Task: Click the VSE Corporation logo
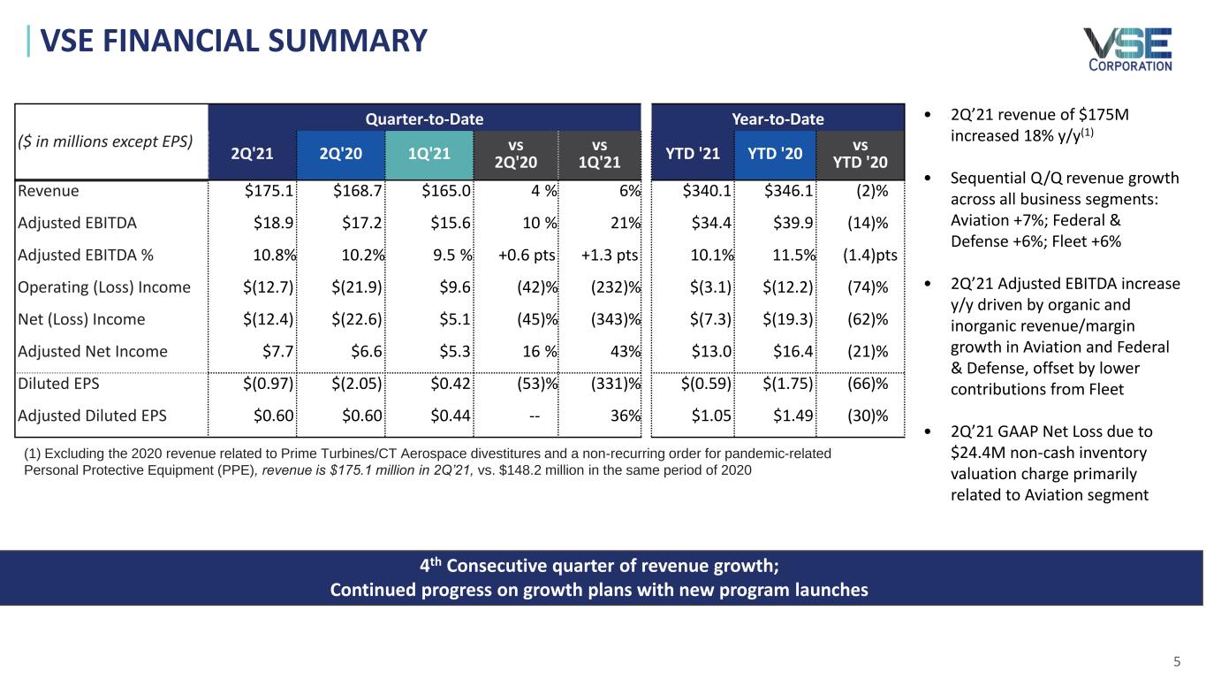[x=1128, y=49]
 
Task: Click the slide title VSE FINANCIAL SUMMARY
[x=234, y=40]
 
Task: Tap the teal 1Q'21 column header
[x=429, y=153]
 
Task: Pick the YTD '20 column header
[x=776, y=153]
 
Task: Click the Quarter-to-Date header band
[x=425, y=118]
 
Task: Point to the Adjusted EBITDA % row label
[x=86, y=256]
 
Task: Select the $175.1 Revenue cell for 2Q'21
[x=269, y=191]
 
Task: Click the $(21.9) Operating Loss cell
[x=357, y=287]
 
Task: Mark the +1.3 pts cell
[x=610, y=256]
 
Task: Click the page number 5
[x=1177, y=660]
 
